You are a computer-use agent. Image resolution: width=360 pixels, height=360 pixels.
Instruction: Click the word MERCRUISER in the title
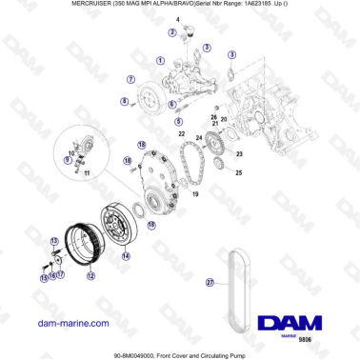point(43,6)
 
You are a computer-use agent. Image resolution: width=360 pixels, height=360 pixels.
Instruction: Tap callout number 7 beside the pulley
point(130,79)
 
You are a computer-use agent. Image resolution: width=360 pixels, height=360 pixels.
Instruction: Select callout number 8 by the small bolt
point(123,101)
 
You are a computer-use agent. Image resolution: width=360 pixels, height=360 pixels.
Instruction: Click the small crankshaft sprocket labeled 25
point(220,169)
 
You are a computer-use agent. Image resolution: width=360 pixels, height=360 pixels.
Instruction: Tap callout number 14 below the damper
point(125,255)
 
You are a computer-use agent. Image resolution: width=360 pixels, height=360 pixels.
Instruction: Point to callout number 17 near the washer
point(59,275)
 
